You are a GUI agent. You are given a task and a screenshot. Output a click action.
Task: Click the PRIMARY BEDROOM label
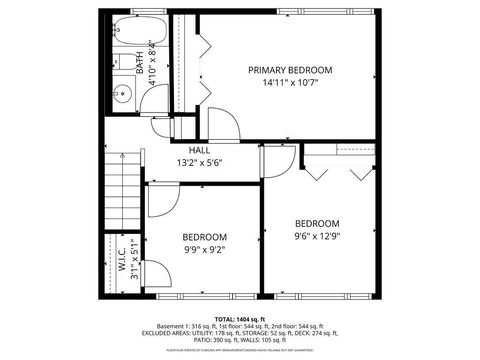tap(290, 70)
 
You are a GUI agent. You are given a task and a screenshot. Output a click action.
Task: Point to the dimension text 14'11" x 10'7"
tap(290, 84)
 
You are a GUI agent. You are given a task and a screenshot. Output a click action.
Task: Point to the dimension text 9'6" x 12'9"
tap(317, 237)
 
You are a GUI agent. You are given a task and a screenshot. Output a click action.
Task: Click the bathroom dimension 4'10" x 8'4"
tap(153, 64)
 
